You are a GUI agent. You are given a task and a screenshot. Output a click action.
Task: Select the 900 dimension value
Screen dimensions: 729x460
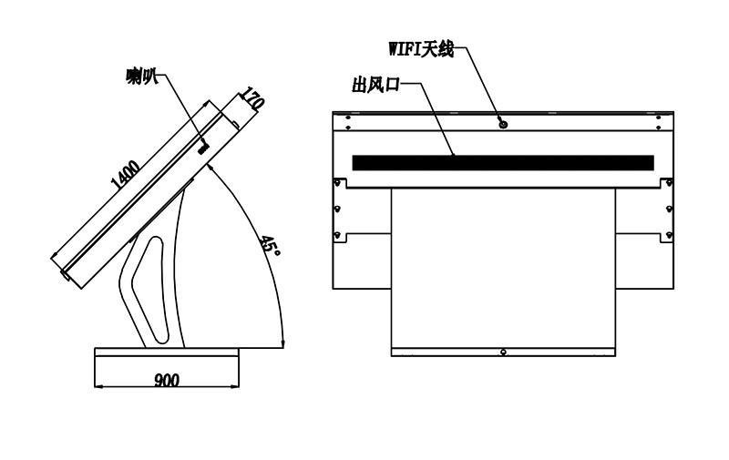pos(167,381)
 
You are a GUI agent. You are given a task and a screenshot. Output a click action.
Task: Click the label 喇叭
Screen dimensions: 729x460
pos(142,77)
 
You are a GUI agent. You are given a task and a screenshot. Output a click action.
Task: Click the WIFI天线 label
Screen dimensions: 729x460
pos(421,49)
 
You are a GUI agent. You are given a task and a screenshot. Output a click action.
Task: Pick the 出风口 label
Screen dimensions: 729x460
pos(375,86)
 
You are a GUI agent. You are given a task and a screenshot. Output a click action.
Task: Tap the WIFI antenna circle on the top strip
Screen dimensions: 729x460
pos(503,124)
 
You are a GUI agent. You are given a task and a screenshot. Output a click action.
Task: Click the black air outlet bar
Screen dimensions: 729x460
pos(503,163)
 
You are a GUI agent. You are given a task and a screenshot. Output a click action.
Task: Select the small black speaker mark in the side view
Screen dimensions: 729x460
pos(203,148)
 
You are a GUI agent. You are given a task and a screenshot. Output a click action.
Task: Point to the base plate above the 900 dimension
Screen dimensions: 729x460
pos(167,353)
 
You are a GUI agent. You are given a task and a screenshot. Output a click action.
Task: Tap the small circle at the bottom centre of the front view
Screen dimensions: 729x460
pos(503,353)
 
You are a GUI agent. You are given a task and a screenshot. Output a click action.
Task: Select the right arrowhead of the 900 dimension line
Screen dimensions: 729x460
pos(235,385)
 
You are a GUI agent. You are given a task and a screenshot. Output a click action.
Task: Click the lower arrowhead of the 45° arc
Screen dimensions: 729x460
pos(283,342)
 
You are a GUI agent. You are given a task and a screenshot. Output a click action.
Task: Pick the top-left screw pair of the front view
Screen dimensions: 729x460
pos(348,122)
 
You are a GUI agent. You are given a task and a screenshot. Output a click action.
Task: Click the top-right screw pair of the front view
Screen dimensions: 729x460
pos(658,122)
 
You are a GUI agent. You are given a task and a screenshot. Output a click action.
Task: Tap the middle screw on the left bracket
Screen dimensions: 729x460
pos(337,209)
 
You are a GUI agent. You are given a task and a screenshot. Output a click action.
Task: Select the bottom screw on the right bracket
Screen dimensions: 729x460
pos(669,235)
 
